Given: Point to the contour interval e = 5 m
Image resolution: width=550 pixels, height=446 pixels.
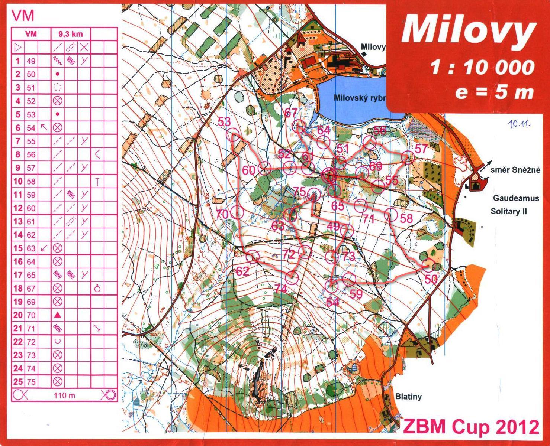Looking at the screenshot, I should pyautogui.click(x=494, y=92).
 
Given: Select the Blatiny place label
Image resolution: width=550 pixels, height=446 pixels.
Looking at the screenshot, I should pyautogui.click(x=408, y=397).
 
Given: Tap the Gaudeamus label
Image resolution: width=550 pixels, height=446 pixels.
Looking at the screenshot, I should pyautogui.click(x=516, y=198).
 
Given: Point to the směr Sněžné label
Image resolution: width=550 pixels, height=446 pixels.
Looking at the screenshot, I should pyautogui.click(x=515, y=170).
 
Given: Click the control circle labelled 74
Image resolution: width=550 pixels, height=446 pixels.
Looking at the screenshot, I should pyautogui.click(x=292, y=277).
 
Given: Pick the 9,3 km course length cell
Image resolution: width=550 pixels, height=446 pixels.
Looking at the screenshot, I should pyautogui.click(x=70, y=34).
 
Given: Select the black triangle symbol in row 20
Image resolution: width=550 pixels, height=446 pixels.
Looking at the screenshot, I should pyautogui.click(x=57, y=315).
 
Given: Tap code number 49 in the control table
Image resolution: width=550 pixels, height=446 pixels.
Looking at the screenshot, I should pyautogui.click(x=31, y=61).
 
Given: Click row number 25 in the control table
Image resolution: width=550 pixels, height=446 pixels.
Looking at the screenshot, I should pyautogui.click(x=18, y=382).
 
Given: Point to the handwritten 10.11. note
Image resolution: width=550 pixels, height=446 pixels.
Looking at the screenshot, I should pyautogui.click(x=519, y=125).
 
